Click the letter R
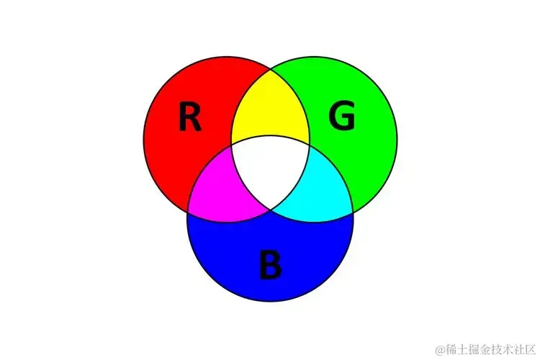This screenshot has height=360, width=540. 189,117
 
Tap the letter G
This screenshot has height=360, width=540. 342,117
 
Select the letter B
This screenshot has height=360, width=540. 271,265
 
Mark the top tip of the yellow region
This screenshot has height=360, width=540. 271,69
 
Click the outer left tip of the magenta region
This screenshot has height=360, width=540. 187,211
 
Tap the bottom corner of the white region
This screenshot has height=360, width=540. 271,210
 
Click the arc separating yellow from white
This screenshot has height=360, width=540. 270,137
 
